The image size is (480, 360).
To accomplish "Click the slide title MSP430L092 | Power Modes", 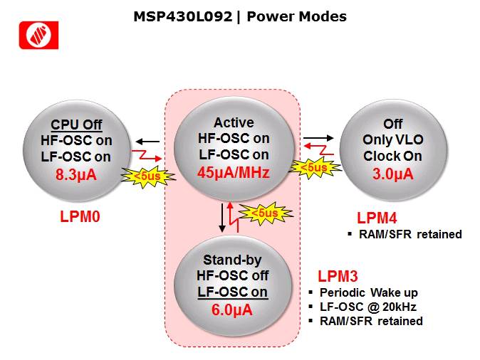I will [240, 16].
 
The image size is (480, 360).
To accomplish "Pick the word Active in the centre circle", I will [232, 123].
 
